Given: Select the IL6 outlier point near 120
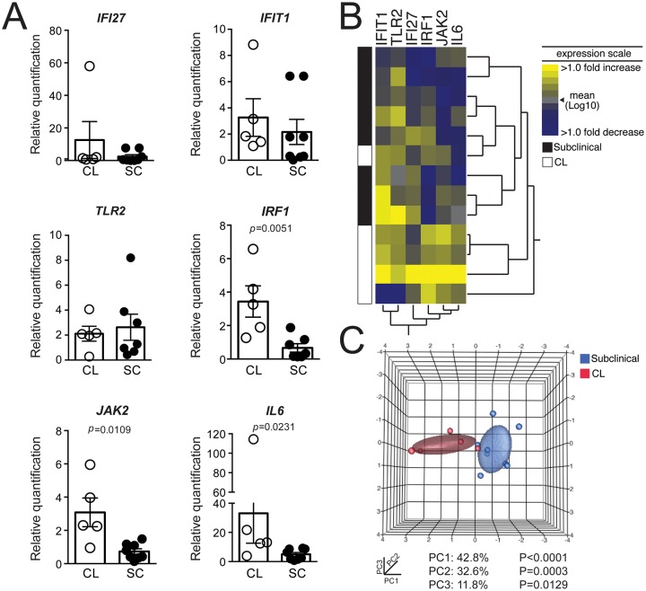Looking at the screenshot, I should tap(253, 439).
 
